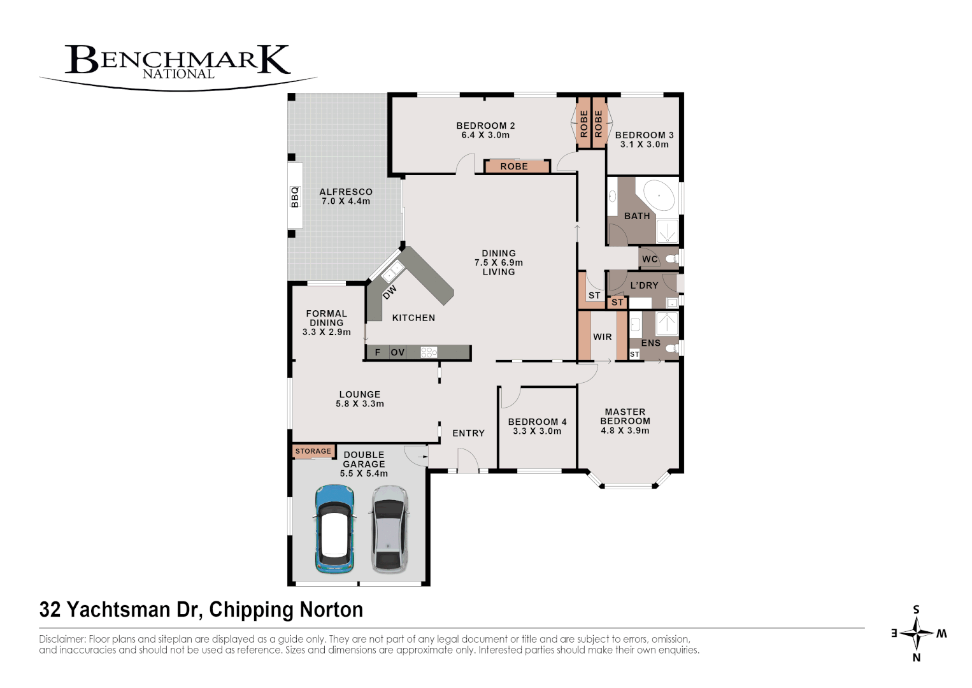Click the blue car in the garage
(x=334, y=529)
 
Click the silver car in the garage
(x=390, y=529)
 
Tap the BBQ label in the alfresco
(x=295, y=197)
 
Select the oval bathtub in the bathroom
(x=658, y=196)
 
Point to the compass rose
(x=917, y=633)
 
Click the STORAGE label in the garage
(x=313, y=451)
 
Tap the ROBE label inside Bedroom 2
(x=514, y=166)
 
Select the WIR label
(x=603, y=337)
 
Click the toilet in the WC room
(x=670, y=259)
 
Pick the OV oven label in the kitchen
(x=398, y=352)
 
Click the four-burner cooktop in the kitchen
(x=429, y=352)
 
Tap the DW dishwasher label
(x=390, y=292)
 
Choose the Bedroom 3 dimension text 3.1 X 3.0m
(x=645, y=145)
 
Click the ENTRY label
(x=469, y=433)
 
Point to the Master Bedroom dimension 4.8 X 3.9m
(x=625, y=431)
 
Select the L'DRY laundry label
(x=644, y=285)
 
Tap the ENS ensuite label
(x=651, y=343)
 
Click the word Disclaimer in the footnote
(x=62, y=639)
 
